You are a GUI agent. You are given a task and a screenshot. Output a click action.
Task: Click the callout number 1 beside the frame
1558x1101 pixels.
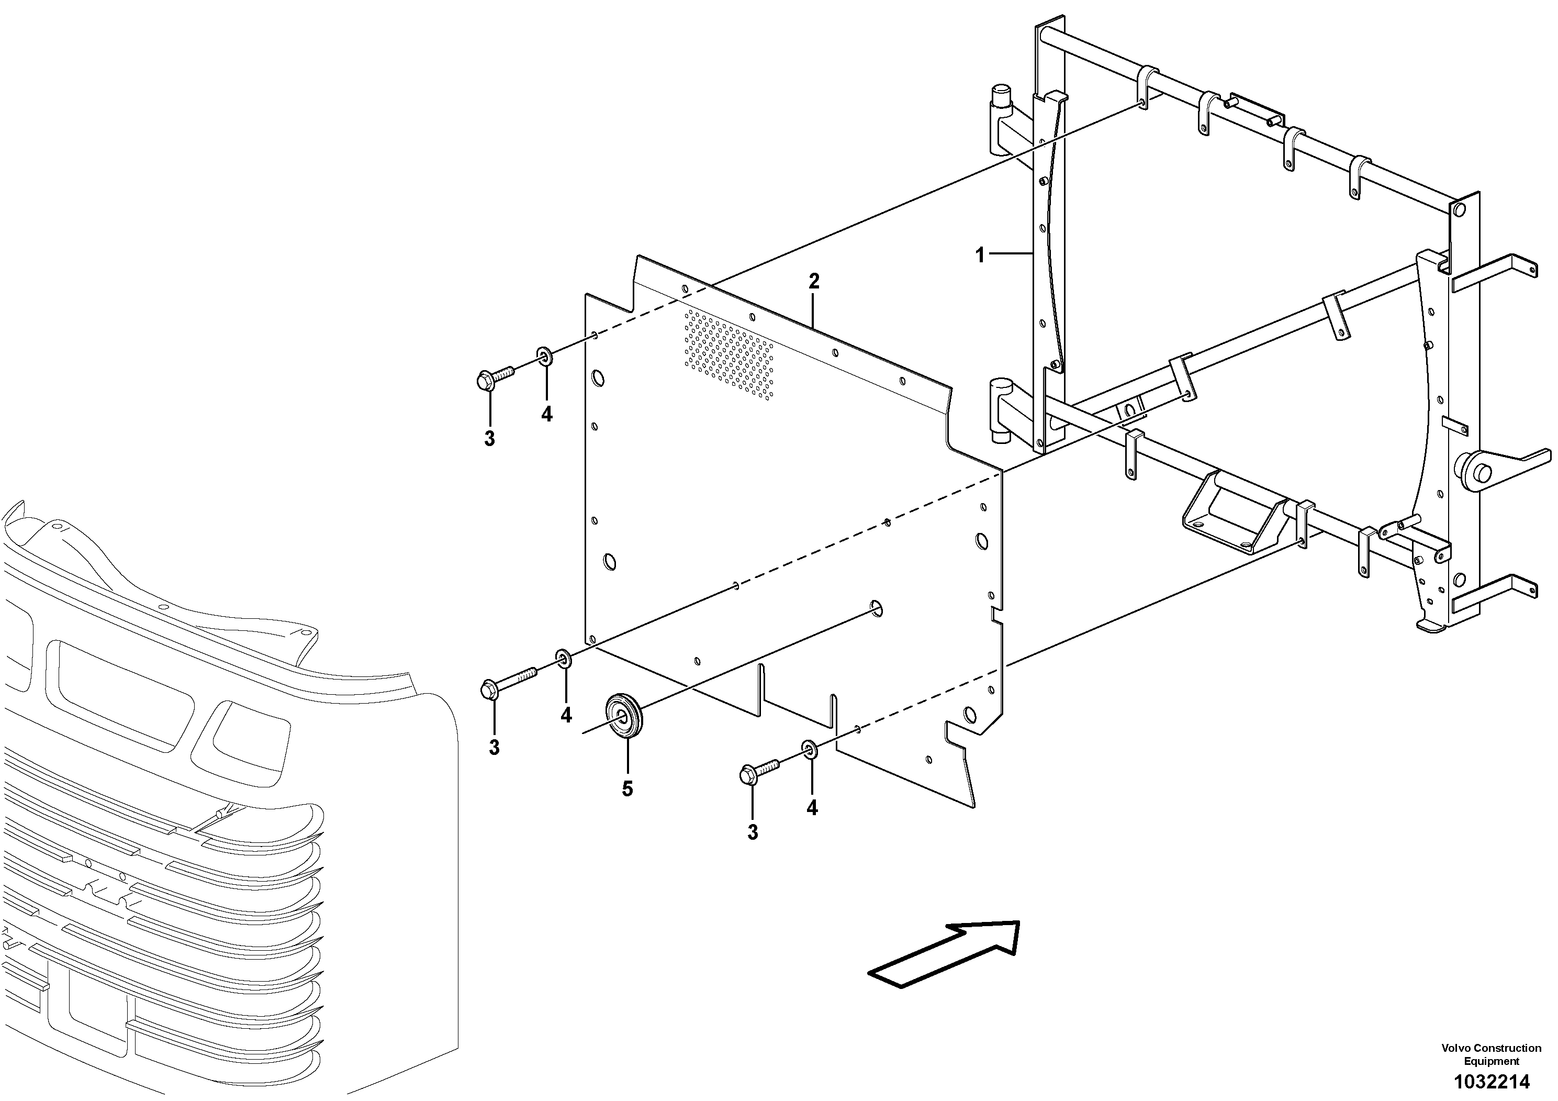coord(979,255)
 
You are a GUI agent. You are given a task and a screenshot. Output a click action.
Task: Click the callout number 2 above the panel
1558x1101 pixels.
coord(814,281)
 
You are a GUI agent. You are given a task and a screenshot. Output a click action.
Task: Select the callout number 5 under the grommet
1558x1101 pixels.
coord(627,789)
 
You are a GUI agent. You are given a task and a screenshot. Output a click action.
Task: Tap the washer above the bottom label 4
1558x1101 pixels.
coord(810,749)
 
